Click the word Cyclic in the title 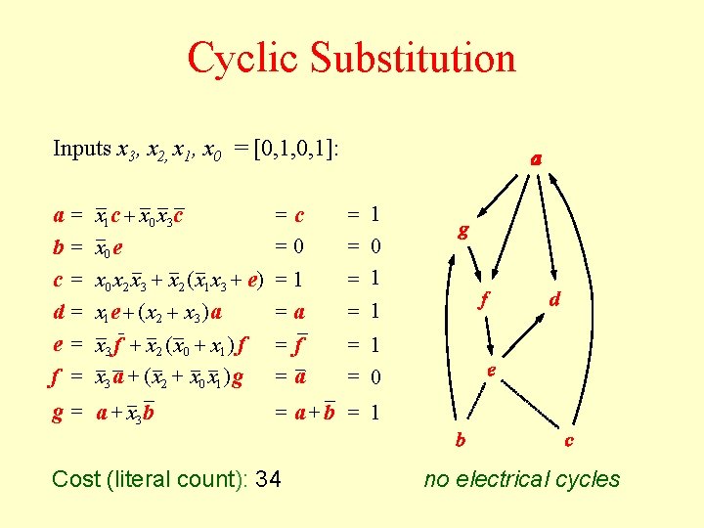click(x=245, y=58)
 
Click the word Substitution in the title click(x=415, y=58)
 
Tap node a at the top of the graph click(x=537, y=158)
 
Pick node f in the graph click(x=482, y=301)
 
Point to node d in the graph click(x=554, y=300)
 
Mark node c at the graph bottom click(x=569, y=441)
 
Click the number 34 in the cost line click(x=267, y=479)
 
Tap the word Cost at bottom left click(x=76, y=479)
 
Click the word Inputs click(x=82, y=150)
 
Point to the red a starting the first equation click(x=60, y=215)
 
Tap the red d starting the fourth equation click(x=60, y=313)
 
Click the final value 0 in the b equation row click(x=376, y=247)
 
